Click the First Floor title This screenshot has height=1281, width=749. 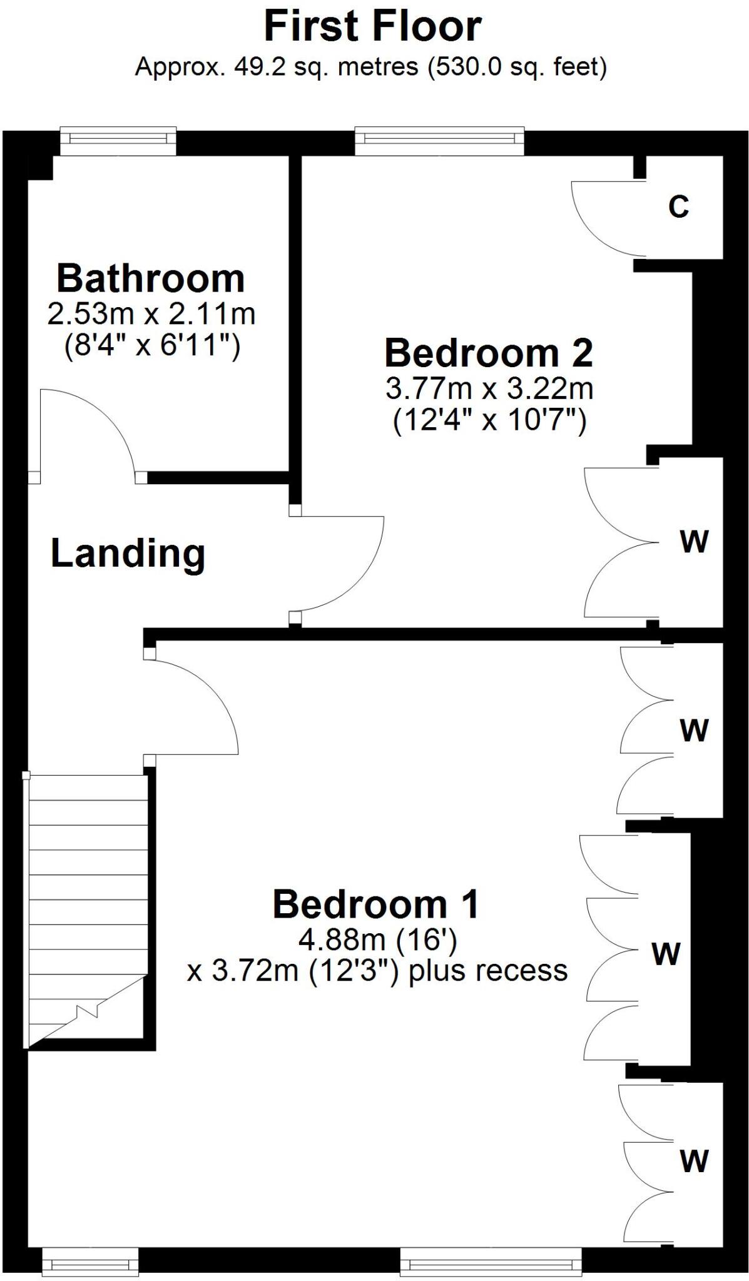coord(373,26)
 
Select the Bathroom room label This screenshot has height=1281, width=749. coord(150,278)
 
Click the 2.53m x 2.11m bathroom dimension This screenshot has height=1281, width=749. coord(151,313)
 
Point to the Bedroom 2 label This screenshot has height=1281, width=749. coord(488,353)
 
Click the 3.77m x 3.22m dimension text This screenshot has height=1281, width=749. coord(489,389)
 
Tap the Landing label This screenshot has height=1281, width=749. coord(128,554)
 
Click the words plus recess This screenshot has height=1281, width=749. coord(488,971)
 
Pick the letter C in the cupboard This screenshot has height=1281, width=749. coord(678,206)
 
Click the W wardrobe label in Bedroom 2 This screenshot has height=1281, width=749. coord(695,542)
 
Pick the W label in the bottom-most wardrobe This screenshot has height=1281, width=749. coord(695,1161)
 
